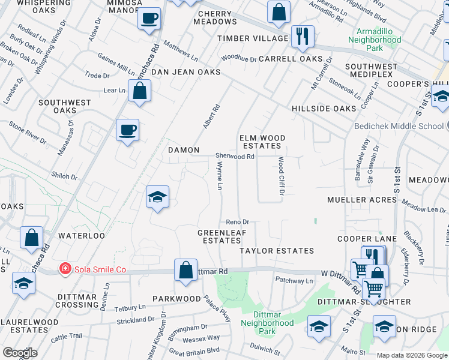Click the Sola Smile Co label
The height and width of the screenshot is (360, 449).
pos(100,269)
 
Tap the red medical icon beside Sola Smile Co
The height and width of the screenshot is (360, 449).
pos(64,269)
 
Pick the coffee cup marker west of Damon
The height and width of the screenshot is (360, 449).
pos(128,129)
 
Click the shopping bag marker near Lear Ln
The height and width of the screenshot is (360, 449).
pos(139,91)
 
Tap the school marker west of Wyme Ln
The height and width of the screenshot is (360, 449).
pos(157,197)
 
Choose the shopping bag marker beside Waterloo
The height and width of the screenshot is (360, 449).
pos(31,238)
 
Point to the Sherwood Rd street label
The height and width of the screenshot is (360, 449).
pos(235,157)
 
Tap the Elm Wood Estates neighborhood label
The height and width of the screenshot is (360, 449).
pos(262,142)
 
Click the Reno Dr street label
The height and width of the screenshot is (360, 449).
pos(237,222)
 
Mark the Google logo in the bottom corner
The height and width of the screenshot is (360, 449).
pos(20,353)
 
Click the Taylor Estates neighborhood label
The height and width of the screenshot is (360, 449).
pos(277,251)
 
